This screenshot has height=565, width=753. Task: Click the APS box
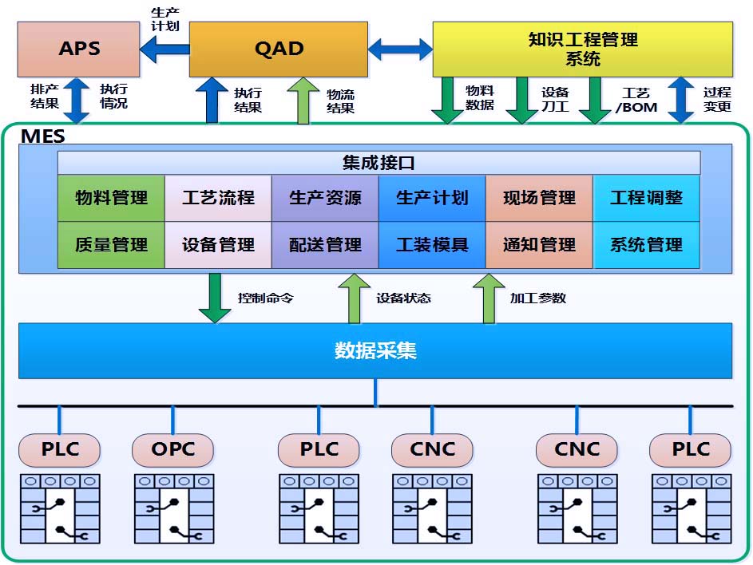(x=79, y=49)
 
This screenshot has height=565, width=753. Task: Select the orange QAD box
(x=279, y=49)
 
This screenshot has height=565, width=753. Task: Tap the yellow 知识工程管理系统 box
(x=582, y=49)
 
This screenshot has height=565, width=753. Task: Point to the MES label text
(x=43, y=136)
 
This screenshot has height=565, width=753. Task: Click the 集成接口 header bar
(x=378, y=163)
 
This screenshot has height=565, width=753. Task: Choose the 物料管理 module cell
(x=111, y=198)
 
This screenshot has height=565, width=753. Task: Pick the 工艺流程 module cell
(x=218, y=198)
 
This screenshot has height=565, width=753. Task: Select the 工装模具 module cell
(x=432, y=244)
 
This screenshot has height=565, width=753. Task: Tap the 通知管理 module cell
(x=539, y=244)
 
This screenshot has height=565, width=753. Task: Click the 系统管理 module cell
(x=646, y=244)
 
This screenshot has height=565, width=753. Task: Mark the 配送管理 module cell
(x=325, y=244)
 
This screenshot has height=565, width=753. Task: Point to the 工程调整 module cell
(x=646, y=198)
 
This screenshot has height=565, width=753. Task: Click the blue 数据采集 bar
(x=375, y=350)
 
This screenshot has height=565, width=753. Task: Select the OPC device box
(x=173, y=449)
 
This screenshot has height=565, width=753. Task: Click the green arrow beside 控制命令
(x=215, y=298)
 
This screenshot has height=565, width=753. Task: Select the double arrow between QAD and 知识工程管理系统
(x=400, y=50)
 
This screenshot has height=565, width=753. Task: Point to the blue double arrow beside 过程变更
(x=680, y=100)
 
